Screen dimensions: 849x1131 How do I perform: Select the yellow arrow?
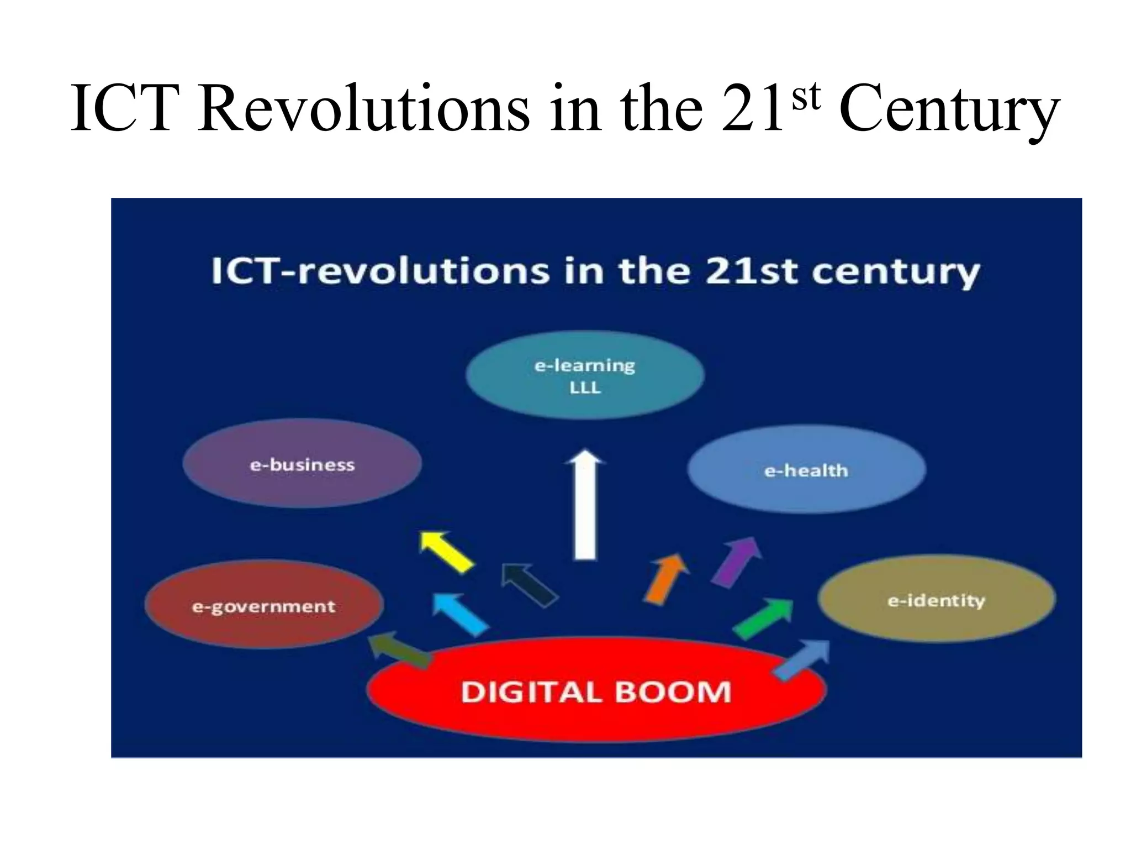tap(446, 551)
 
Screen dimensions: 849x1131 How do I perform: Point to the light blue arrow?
tap(460, 614)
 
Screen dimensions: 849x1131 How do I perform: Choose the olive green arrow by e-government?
tap(399, 649)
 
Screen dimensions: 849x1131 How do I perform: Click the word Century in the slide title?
tap(949, 109)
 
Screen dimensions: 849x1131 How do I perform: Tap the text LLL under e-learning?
tap(585, 388)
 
